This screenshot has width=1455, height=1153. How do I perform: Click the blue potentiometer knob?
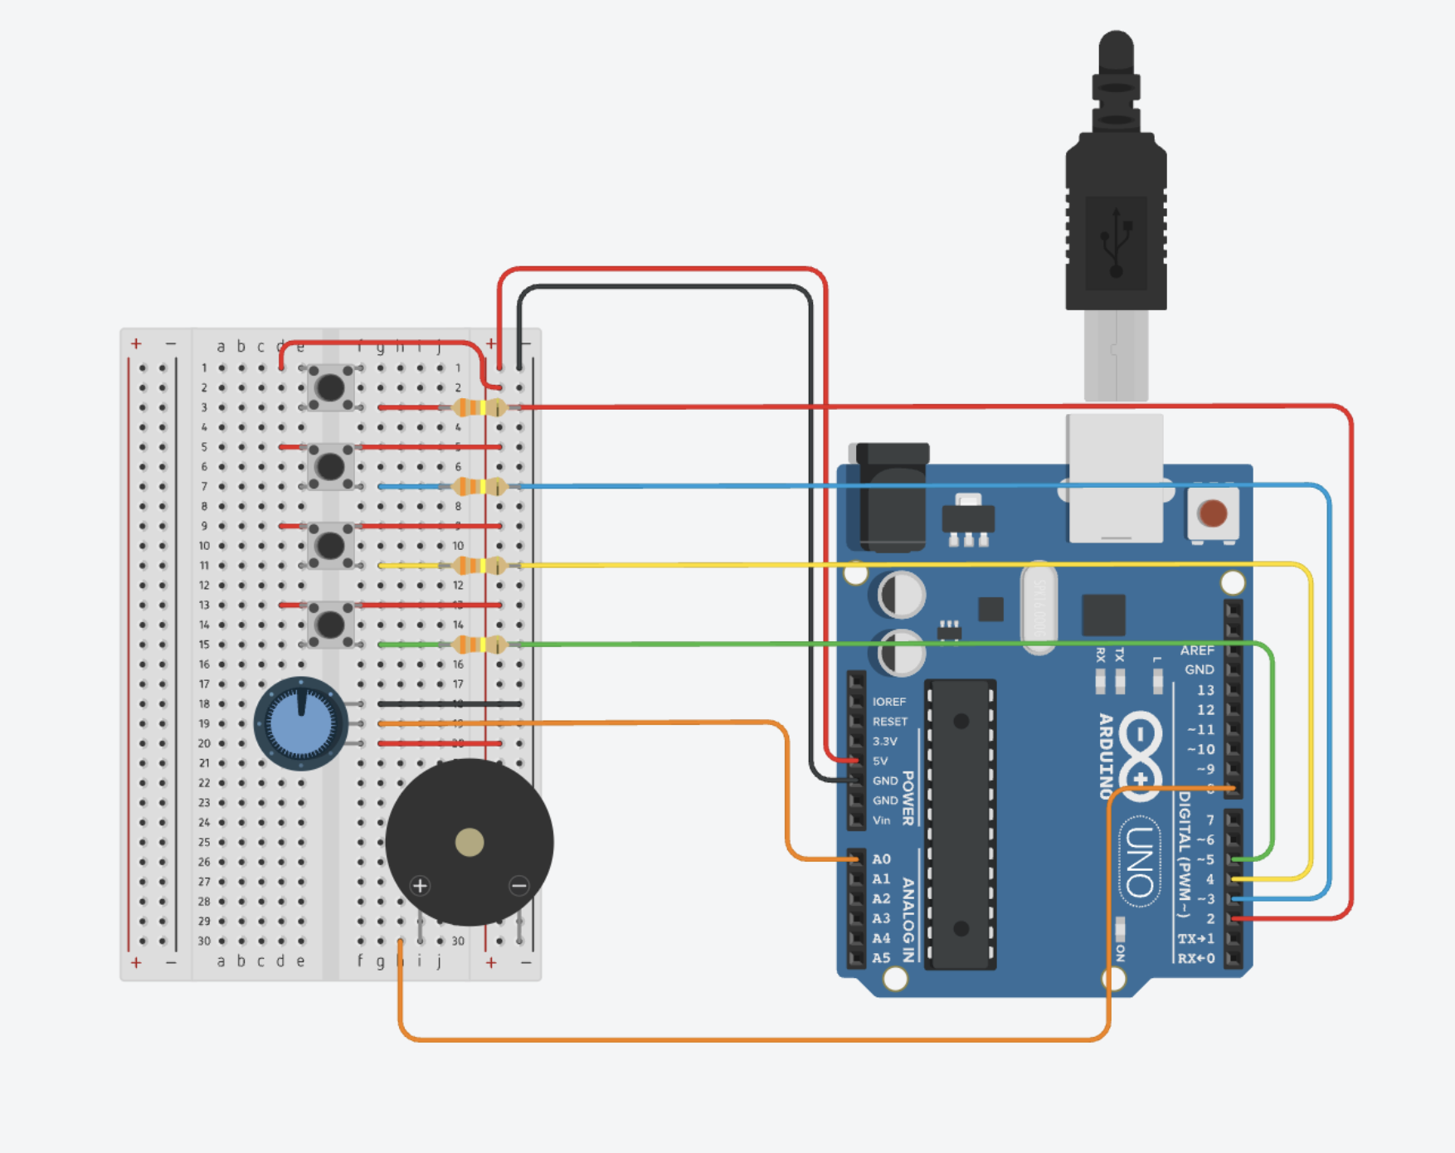tap(300, 723)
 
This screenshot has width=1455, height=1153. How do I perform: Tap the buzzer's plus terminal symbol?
tap(421, 886)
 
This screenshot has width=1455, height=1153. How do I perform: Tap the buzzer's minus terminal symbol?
tap(519, 886)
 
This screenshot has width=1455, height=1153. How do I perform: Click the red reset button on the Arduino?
tap(1213, 513)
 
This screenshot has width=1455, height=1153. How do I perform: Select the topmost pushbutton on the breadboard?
tap(330, 387)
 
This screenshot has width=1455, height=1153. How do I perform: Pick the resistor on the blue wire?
tap(479, 487)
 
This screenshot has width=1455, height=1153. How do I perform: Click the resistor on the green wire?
tap(479, 645)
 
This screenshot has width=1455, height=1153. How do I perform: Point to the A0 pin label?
tap(881, 859)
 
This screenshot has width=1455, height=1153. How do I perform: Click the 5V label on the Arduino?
tap(880, 761)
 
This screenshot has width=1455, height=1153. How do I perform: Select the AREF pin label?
tap(1197, 650)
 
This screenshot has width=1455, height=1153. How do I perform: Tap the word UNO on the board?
tap(1140, 863)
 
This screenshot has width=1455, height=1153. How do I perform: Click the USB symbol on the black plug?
tap(1117, 242)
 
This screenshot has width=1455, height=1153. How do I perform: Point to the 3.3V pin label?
tap(884, 741)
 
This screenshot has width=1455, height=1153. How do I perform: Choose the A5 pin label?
tap(881, 958)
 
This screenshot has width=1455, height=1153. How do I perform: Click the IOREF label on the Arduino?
tap(888, 702)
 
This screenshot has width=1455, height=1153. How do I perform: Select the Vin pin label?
tap(881, 820)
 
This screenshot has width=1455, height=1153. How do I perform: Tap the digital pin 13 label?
tap(1204, 690)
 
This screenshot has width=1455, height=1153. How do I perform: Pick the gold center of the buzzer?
tap(470, 842)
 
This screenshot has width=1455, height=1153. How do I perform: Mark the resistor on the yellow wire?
tap(479, 566)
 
